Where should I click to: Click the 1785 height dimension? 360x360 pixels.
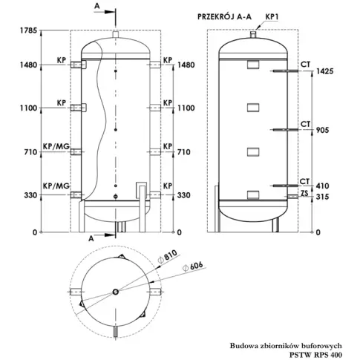coord(28,30)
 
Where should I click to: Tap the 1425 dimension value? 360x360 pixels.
coord(325,71)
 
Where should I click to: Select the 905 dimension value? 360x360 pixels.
coord(323,130)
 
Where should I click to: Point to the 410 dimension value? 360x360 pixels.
coord(323,186)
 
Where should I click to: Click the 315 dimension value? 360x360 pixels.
coord(323,197)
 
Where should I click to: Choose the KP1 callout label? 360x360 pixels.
coord(272,17)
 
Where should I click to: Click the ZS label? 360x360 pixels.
coord(305,193)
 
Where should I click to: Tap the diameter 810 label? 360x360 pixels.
coord(168,257)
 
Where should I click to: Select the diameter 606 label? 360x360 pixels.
coord(192,266)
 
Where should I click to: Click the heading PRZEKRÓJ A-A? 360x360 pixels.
coord(224,16)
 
